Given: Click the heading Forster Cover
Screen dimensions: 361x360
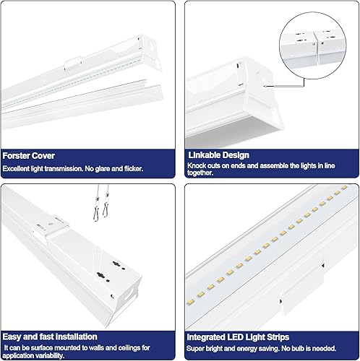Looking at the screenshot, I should point(29,155).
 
